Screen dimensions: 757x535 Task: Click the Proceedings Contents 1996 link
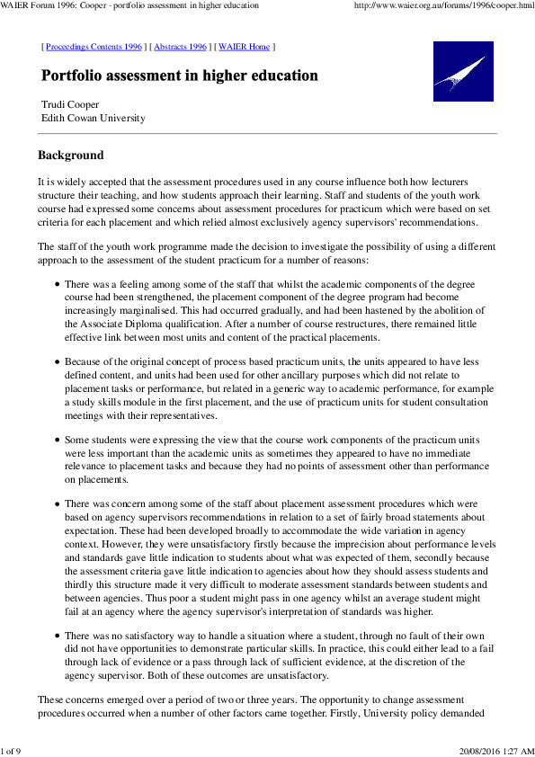click(x=94, y=46)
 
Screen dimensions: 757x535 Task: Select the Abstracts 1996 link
click(x=181, y=46)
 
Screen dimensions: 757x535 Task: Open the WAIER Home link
click(x=244, y=46)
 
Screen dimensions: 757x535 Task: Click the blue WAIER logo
click(x=463, y=72)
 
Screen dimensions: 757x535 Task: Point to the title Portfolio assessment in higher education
click(x=180, y=76)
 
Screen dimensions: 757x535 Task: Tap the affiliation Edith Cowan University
click(x=94, y=118)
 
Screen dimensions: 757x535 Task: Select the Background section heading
click(x=71, y=155)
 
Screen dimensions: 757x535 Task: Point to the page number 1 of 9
click(x=11, y=751)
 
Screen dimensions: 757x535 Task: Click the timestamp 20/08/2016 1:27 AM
click(x=495, y=751)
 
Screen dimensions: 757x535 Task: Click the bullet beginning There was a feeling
click(x=58, y=284)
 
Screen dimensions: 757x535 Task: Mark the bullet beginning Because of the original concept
click(x=58, y=362)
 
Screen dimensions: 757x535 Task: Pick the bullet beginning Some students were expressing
click(x=58, y=441)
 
